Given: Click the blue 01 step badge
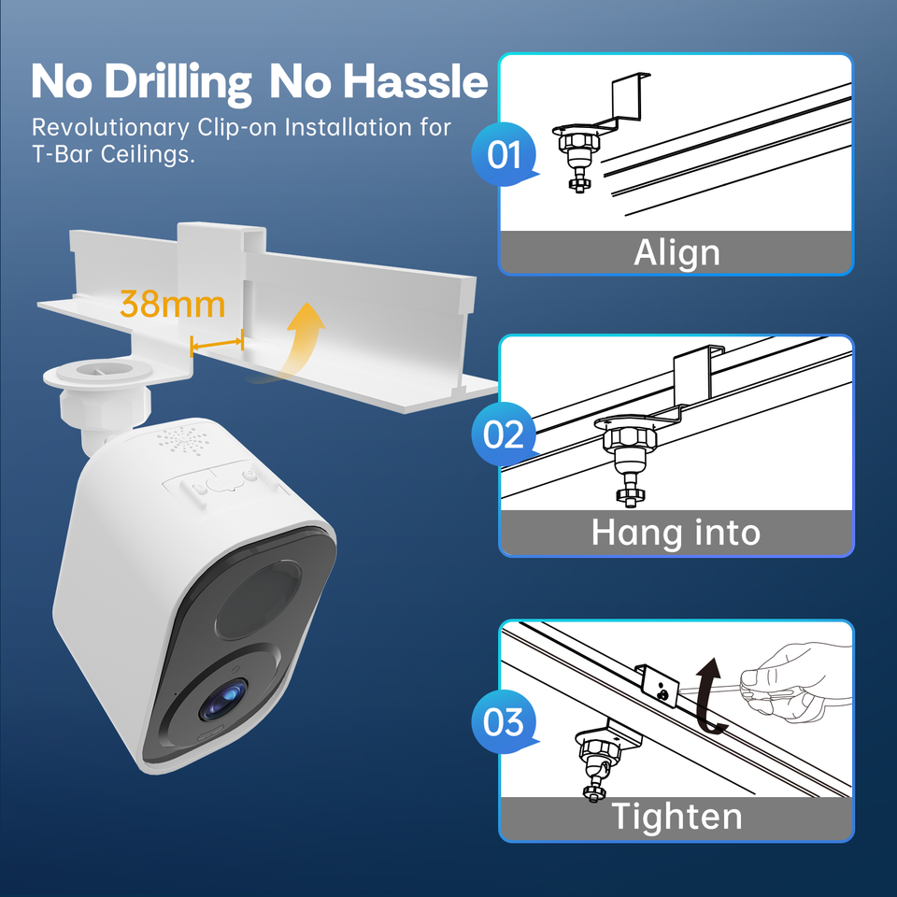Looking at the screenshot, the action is pos(504,154).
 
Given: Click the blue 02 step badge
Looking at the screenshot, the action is pos(504,434).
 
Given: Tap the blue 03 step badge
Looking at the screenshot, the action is pos(504,721).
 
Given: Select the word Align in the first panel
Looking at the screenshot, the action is pos(676,253).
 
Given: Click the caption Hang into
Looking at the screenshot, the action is pos(676,533).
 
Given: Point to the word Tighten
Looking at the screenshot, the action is pos(676,816).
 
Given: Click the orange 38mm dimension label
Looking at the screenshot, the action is pos(172,304).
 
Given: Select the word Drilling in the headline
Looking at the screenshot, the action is pos(178,82).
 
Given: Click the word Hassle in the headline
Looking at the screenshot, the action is pos(415,81).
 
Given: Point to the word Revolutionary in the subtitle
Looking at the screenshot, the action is pos(110,128).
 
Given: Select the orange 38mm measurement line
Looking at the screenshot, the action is pos(217,343).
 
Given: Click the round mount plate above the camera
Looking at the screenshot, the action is pos(98,372).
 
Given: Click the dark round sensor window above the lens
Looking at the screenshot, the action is pos(259,600).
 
